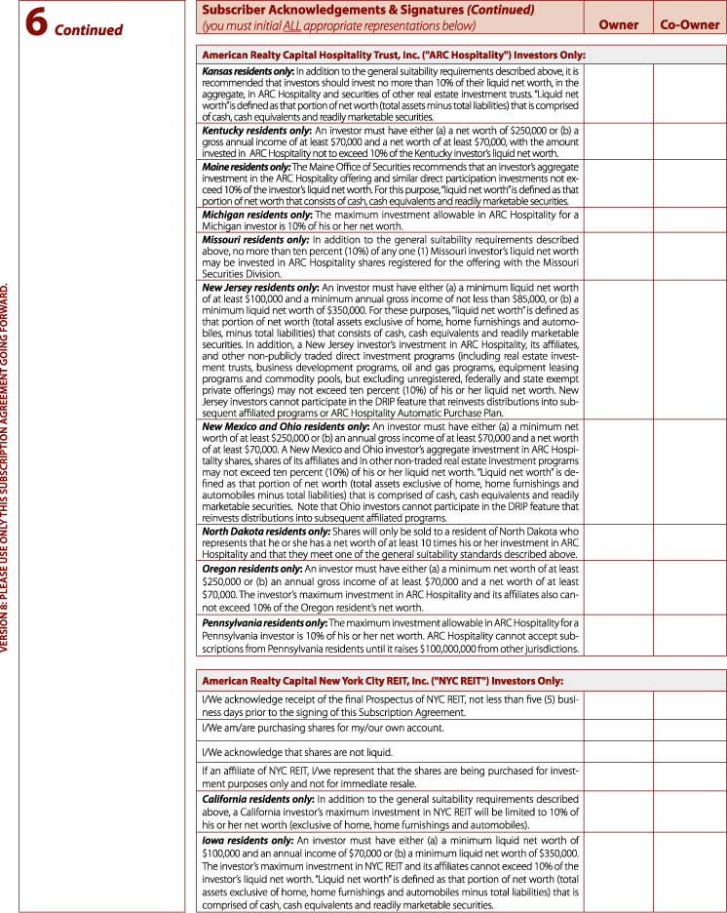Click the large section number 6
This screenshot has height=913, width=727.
coord(37,24)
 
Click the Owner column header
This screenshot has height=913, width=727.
coord(619,24)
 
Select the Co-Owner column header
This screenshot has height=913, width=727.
coord(690,24)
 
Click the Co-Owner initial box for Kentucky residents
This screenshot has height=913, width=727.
coord(688,141)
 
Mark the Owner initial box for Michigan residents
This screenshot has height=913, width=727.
coord(619,219)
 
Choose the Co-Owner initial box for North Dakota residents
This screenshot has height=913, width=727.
coord(688,542)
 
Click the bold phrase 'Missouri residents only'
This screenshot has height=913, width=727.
coord(254,239)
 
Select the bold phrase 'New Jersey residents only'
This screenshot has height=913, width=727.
coord(260,288)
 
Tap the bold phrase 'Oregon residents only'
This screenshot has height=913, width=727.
coord(251,568)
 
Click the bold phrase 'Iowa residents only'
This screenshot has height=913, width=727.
coord(247,840)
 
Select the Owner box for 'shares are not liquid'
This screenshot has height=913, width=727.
coord(619,752)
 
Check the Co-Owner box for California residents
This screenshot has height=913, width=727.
coord(688,812)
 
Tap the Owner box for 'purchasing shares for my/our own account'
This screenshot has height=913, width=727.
coord(619,729)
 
